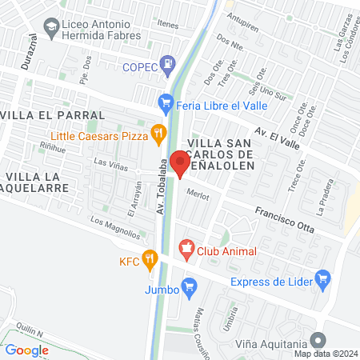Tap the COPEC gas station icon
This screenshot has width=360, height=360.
pos(167,62)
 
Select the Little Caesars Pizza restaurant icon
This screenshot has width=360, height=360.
pos(158,132)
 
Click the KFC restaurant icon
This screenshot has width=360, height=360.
pos(150,258)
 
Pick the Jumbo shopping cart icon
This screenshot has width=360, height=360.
pos(189,285)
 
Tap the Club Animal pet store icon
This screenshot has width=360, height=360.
pos(186,250)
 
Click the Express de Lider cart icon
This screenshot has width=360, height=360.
pos(322,279)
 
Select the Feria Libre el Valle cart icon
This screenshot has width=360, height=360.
pos(166,102)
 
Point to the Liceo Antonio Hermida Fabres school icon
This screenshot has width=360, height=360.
pos(50,27)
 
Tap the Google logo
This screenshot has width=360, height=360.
pos(26,350)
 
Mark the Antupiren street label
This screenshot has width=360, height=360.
pos(243,15)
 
